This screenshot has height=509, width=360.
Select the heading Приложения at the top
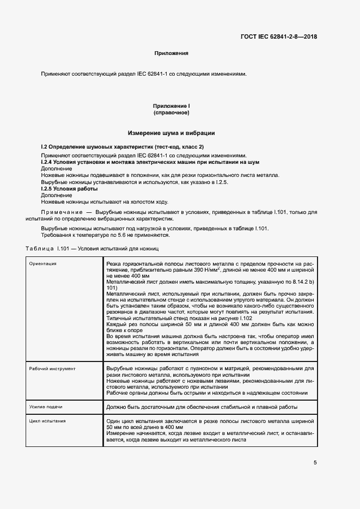coord(171,53)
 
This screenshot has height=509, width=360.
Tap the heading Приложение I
coord(171,106)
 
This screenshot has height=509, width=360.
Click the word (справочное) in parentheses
coord(171,113)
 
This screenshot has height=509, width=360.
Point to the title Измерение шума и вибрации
coord(171,133)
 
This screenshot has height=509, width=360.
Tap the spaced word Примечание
coord(60,211)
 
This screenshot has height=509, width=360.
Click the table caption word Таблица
coord(39,248)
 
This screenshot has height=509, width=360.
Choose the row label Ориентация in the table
coord(43,264)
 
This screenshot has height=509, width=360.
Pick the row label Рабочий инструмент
coord(52,369)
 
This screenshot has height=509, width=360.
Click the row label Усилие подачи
coord(46,407)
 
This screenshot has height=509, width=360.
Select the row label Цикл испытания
coord(48,421)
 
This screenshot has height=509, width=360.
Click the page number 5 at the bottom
coord(315,463)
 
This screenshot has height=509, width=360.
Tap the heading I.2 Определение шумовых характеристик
coord(122,148)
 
